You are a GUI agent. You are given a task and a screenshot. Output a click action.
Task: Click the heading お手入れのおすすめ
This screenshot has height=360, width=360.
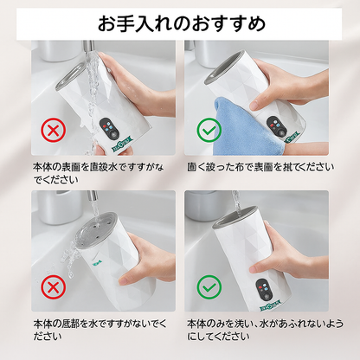(182, 23)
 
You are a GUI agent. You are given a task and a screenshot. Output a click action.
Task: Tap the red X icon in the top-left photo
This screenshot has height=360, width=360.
(53, 131)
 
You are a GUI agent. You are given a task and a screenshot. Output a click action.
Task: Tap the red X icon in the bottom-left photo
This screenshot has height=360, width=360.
(53, 287)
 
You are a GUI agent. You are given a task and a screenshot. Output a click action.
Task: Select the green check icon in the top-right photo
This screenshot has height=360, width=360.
(209, 131)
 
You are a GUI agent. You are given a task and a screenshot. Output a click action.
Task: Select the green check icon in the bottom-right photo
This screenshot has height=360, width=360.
(209, 287)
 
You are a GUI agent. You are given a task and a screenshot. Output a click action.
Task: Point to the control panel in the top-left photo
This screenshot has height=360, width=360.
(109, 128)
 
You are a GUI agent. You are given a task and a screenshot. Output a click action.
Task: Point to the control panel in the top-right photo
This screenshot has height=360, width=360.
(276, 126)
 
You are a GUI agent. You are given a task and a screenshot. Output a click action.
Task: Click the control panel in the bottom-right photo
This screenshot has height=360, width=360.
(265, 289)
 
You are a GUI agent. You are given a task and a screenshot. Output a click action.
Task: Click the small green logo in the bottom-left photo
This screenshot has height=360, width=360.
(97, 262)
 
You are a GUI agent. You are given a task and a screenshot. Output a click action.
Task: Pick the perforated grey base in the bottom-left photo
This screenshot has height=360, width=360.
(99, 230)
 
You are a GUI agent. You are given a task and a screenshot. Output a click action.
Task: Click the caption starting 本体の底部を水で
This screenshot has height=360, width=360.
(100, 330)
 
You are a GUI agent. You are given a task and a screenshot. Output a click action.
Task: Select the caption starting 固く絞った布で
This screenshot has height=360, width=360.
(260, 167)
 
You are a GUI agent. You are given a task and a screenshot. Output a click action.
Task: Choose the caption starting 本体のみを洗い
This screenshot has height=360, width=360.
(265, 330)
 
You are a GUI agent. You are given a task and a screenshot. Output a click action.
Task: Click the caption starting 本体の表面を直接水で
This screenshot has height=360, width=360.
(98, 173)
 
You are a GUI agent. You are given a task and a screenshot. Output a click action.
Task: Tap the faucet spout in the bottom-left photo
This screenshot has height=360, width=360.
(93, 196)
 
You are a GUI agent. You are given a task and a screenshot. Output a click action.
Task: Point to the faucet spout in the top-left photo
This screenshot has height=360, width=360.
(89, 47)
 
